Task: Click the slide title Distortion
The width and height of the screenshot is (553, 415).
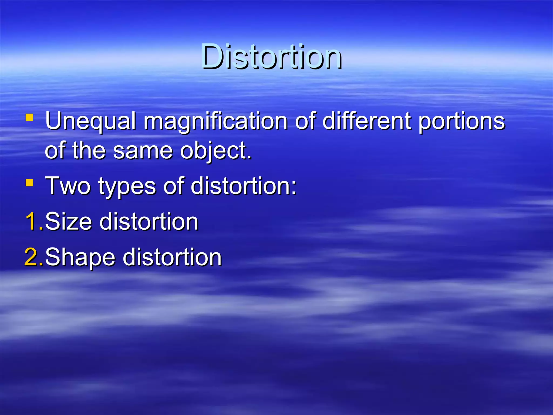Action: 272,57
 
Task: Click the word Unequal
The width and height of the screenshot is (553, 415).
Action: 90,121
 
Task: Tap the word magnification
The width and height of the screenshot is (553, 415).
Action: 215,121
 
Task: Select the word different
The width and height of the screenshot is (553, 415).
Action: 367,121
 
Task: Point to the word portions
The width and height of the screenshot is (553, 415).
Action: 461,121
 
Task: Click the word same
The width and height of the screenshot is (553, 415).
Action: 143,150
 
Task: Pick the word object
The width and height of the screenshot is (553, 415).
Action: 215,151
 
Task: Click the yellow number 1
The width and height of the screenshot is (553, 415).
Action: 32,222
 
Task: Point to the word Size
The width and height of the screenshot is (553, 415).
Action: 69,222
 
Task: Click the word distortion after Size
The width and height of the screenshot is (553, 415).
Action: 149,222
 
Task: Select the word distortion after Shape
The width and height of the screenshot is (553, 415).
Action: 172,257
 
